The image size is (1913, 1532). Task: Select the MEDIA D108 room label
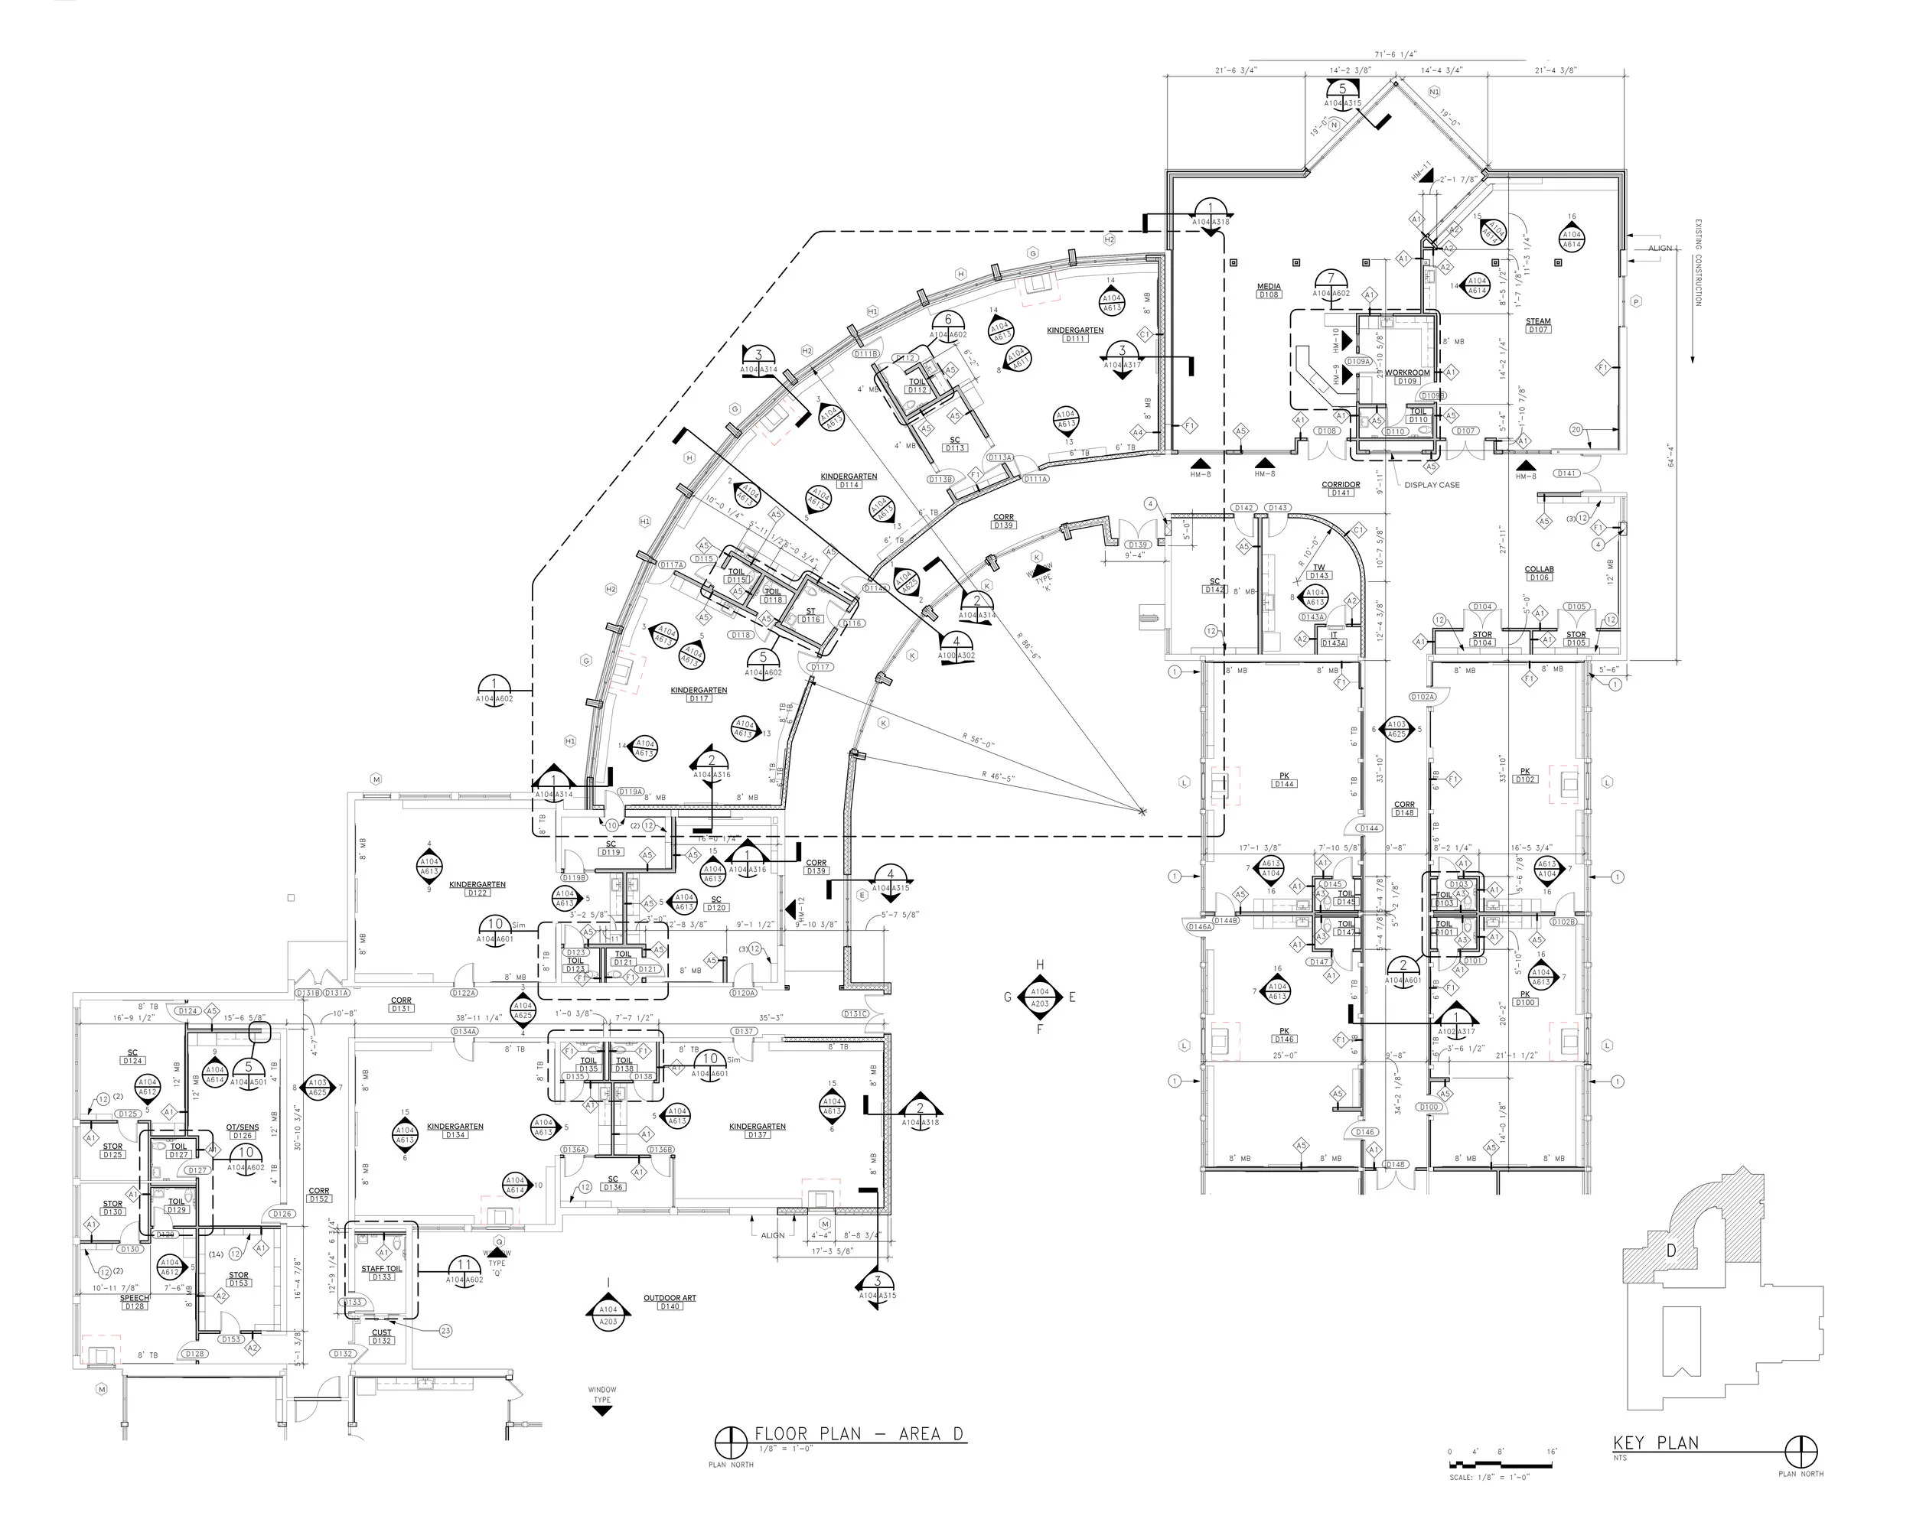(1269, 290)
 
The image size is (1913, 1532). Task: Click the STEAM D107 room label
(1538, 324)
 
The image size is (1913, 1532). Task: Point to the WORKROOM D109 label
(1407, 376)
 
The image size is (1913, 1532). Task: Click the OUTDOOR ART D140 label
(670, 1301)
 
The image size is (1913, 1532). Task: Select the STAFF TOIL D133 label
(382, 1272)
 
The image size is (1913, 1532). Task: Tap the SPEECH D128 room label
(135, 1301)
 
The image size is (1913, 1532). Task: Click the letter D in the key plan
(1670, 1251)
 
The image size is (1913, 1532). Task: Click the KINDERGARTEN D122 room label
(477, 888)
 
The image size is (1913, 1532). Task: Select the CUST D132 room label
(382, 1336)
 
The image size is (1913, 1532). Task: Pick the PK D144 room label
(1284, 779)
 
